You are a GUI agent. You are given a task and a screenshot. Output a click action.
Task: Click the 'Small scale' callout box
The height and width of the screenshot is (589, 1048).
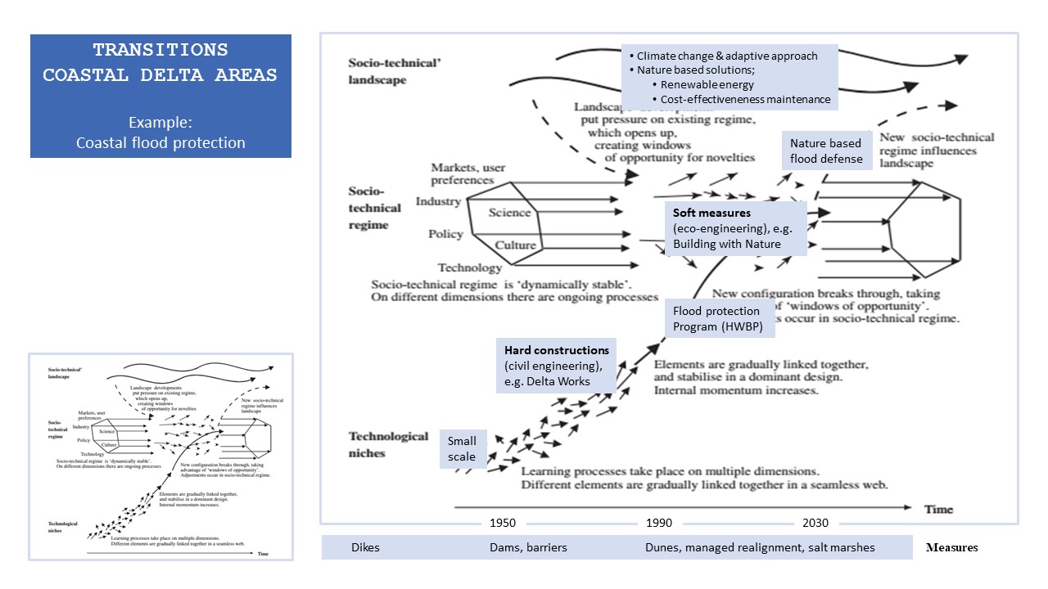tap(463, 449)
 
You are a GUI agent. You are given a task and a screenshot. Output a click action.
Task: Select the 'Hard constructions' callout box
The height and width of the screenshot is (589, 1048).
tap(555, 365)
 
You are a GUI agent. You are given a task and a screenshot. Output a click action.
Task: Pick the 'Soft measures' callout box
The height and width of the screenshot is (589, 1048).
tap(735, 228)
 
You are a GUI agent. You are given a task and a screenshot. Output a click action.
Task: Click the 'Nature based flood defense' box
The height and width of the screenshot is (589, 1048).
tap(825, 151)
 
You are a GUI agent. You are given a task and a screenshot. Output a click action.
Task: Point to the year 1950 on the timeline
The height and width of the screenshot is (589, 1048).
tap(502, 523)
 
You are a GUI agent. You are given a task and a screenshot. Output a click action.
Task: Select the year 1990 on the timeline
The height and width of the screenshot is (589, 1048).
tap(658, 523)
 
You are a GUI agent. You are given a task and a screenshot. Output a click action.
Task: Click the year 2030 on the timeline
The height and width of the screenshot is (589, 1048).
tap(815, 523)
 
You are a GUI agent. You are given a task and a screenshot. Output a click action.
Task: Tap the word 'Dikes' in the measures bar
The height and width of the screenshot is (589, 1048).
tap(365, 547)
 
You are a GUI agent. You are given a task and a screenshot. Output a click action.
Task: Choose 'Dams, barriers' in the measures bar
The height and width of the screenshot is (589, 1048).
tap(523, 547)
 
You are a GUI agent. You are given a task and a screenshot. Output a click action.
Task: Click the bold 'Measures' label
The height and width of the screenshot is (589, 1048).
tap(951, 547)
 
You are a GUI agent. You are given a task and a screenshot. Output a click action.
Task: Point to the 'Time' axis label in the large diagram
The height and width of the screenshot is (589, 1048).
tap(938, 509)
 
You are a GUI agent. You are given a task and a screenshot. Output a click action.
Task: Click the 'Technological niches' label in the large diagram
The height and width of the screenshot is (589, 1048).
tap(388, 444)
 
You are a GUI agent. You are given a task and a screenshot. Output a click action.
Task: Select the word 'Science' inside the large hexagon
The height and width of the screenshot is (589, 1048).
tap(509, 213)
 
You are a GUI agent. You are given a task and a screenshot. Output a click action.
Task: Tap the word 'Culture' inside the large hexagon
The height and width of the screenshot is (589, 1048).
tap(516, 245)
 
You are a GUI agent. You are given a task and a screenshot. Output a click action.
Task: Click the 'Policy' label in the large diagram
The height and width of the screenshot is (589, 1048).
tap(445, 235)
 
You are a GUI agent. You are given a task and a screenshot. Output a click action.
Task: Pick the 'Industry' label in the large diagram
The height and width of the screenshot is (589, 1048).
tap(438, 201)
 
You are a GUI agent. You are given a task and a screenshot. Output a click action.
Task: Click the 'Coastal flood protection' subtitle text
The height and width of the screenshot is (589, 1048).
tap(160, 142)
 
